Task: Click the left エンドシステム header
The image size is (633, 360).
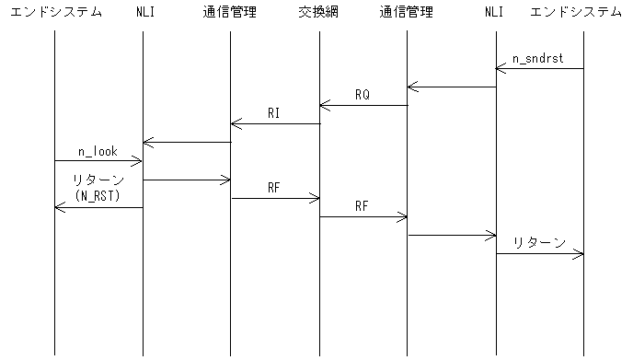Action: pos(55,13)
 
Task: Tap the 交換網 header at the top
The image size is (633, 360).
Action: pos(319,13)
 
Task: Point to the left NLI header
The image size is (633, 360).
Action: pos(144,13)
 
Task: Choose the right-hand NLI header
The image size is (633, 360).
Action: pos(496,13)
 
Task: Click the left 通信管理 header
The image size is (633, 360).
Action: pos(230,13)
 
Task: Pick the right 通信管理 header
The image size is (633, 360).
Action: pos(408,13)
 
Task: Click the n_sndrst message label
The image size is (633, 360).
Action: pos(538,59)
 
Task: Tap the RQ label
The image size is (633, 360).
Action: pos(363,95)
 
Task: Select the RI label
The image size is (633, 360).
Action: pos(274,113)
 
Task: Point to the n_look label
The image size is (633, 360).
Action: pos(97,151)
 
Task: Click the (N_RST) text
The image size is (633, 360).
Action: pos(97,195)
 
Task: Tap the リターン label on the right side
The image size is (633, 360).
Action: pos(540,243)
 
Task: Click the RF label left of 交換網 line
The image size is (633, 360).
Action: pos(274,188)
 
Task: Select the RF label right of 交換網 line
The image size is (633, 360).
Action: pos(363,206)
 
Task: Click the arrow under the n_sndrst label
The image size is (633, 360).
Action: pos(540,69)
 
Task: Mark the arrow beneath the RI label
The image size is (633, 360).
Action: pos(275,124)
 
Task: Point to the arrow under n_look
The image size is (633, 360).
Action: pos(98,161)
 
